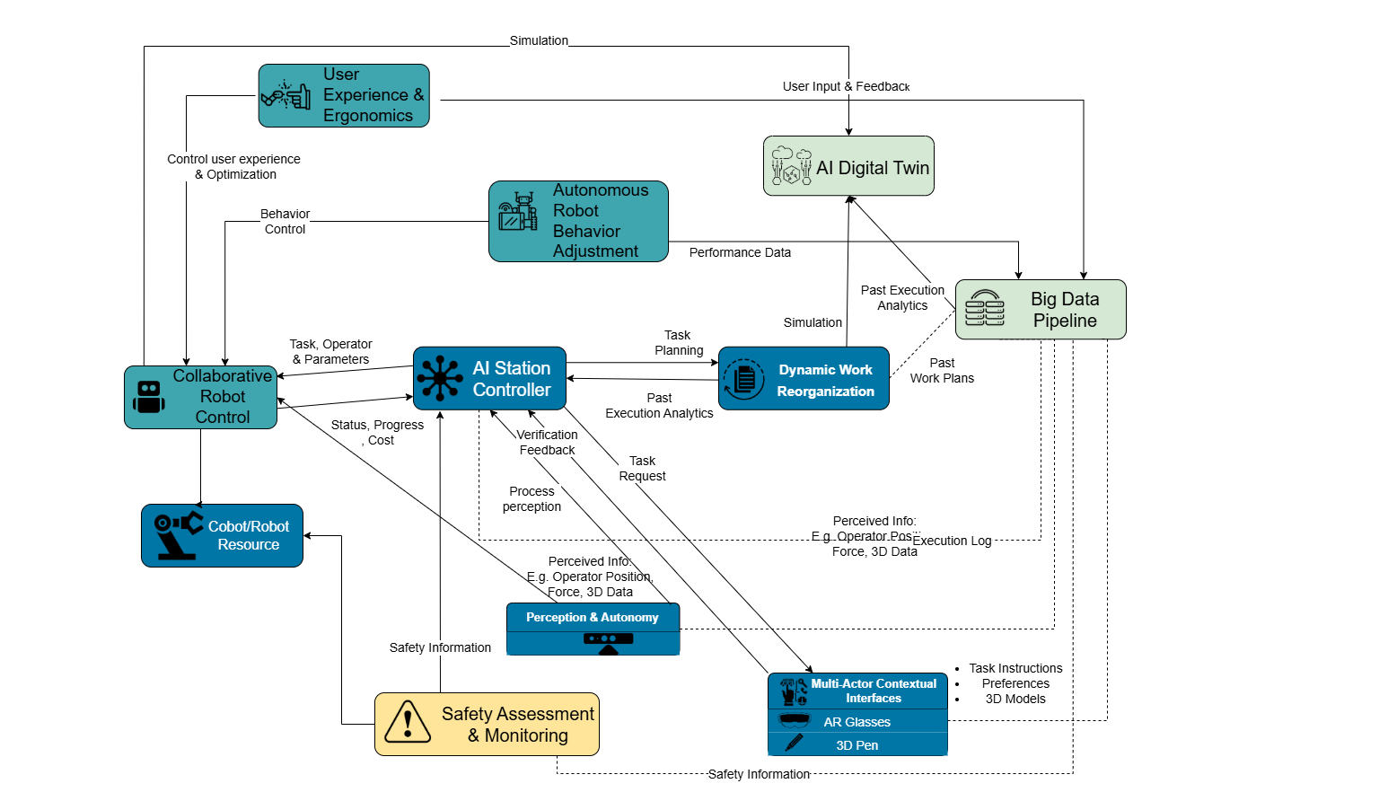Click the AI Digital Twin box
point(848,165)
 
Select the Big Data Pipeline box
point(1041,310)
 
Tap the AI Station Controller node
point(489,378)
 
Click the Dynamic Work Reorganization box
point(804,378)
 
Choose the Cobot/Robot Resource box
point(222,535)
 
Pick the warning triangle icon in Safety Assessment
point(407,722)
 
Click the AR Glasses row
point(857,721)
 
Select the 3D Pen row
point(857,744)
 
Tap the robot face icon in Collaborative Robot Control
point(149,397)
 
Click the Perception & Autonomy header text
point(593,618)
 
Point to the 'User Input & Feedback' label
point(846,87)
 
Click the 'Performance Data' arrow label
point(740,252)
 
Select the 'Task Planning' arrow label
point(679,343)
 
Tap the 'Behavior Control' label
point(285,221)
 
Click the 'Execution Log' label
point(952,541)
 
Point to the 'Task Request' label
point(642,468)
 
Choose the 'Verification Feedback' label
point(547,442)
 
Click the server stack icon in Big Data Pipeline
point(985,308)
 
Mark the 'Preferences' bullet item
point(1015,683)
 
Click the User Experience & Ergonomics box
point(344,95)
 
